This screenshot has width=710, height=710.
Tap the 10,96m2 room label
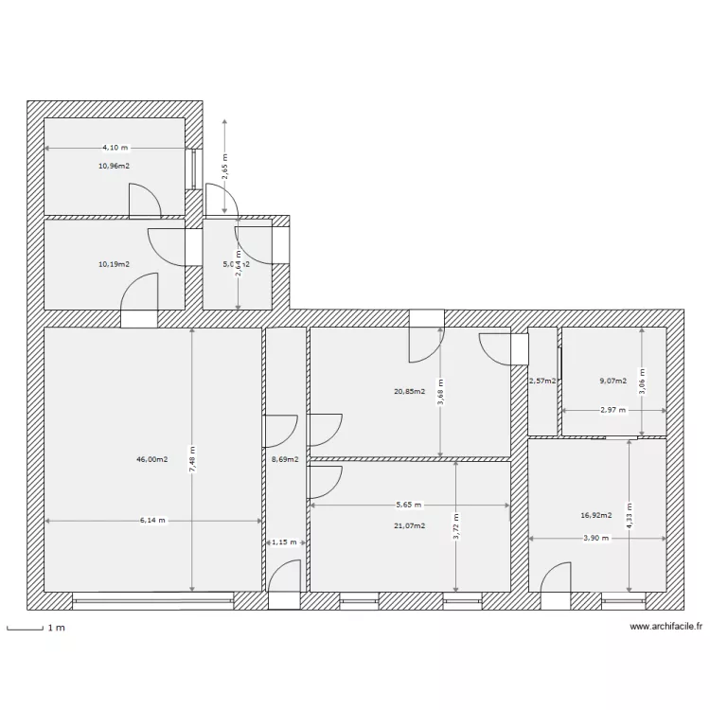[x=114, y=166]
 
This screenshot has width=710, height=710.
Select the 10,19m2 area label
[x=114, y=264]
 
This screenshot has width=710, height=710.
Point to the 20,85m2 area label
[x=409, y=390]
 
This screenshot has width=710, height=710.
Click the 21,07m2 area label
[x=409, y=525]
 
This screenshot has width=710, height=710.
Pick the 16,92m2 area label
[x=596, y=516]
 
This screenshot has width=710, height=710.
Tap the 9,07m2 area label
[x=613, y=381]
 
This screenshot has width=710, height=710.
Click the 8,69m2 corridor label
[x=284, y=460]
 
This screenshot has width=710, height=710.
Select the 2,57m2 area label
[x=542, y=381]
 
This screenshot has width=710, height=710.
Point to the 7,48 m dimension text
[x=192, y=461]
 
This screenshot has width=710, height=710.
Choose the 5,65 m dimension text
[x=409, y=505]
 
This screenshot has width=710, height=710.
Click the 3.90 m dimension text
[x=595, y=538]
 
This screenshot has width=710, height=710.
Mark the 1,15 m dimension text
[x=284, y=542]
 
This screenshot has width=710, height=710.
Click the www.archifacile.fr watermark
[x=666, y=627]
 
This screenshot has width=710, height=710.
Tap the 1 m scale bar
[x=26, y=628]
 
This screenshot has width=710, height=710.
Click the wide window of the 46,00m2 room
[x=152, y=599]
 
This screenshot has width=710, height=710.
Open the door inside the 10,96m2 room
[x=144, y=199]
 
